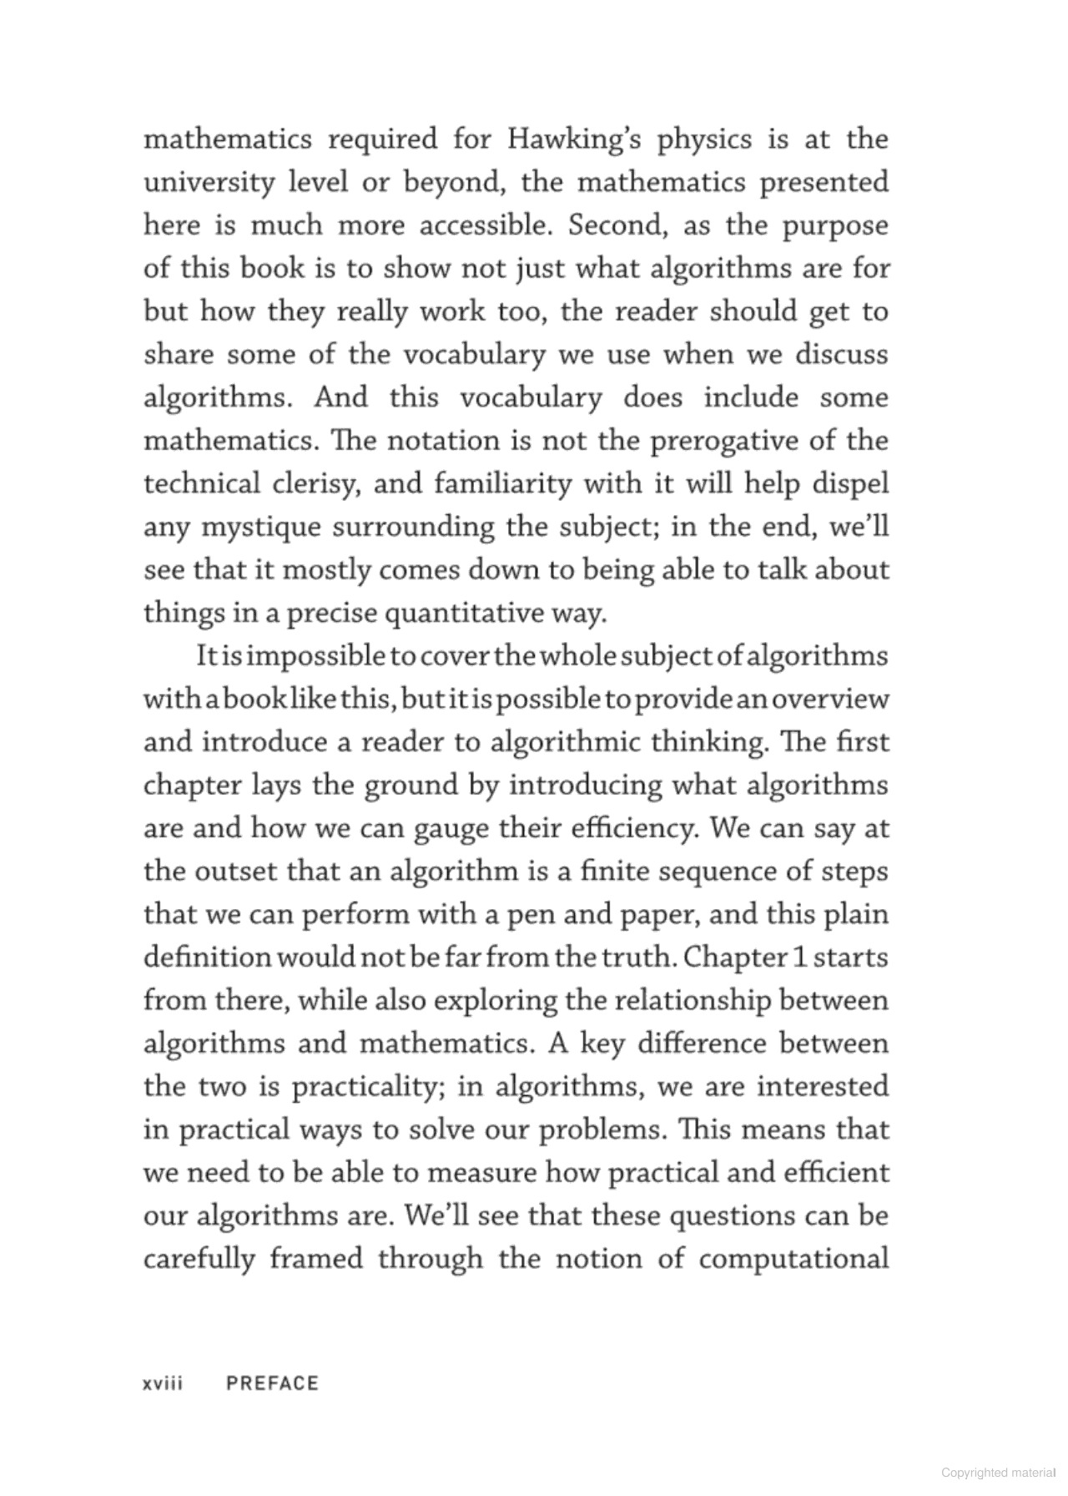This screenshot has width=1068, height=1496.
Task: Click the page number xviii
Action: (x=164, y=1384)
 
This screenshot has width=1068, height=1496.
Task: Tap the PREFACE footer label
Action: (x=273, y=1384)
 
